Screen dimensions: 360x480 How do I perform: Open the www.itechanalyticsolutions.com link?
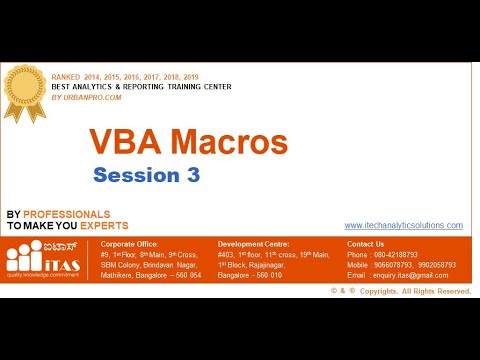pyautogui.click(x=403, y=226)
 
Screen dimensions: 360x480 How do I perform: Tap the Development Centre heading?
pyautogui.click(x=252, y=244)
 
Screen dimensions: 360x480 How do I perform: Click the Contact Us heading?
pyautogui.click(x=365, y=244)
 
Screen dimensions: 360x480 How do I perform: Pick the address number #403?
pyautogui.click(x=227, y=255)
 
